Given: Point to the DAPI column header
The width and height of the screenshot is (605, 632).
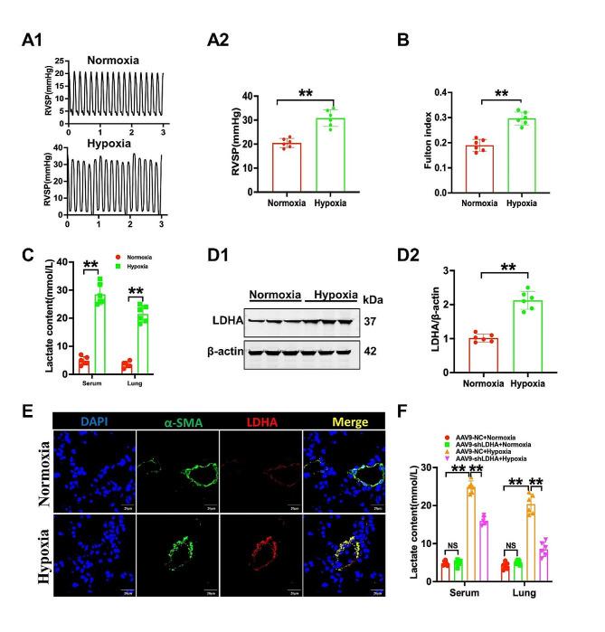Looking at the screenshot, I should click(91, 420).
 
